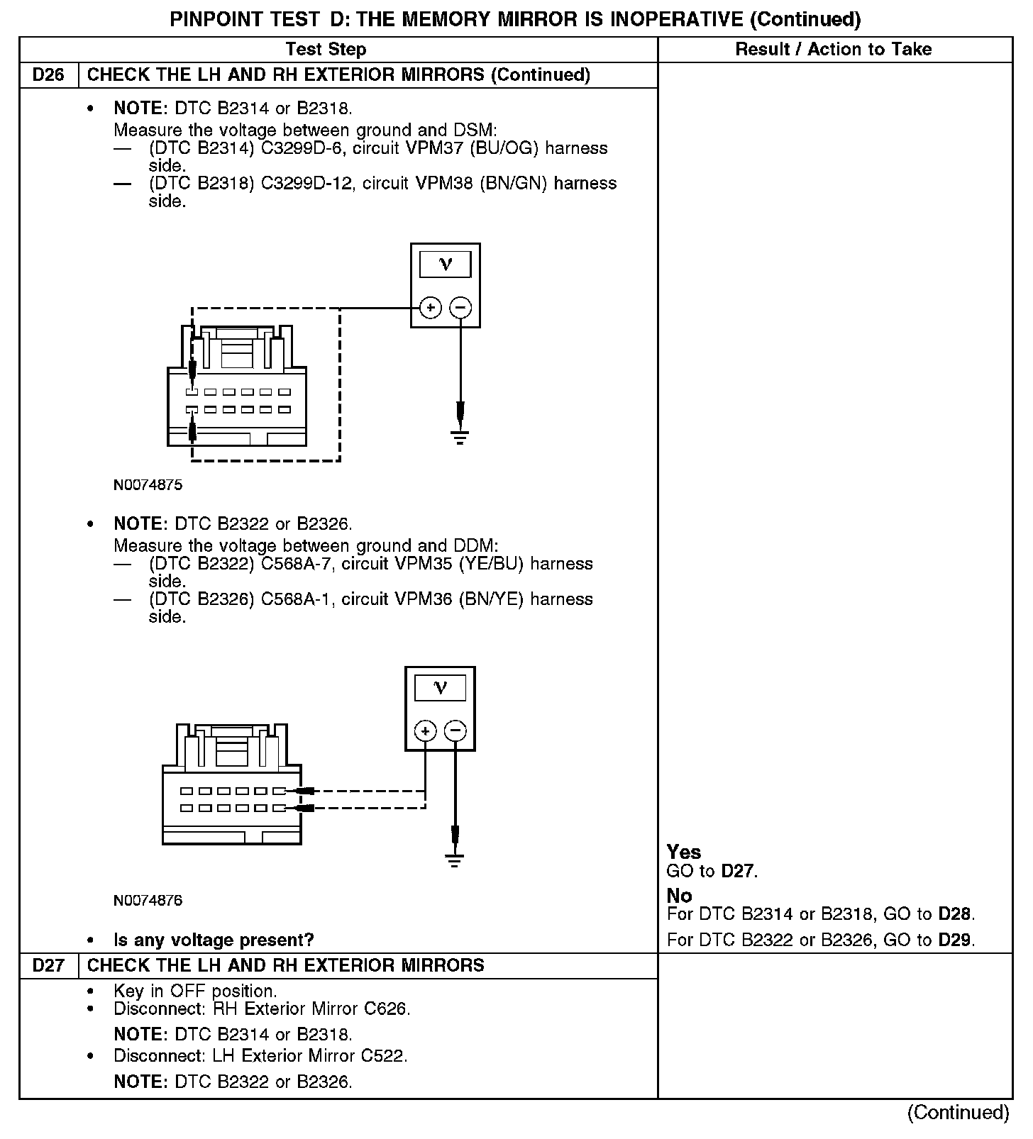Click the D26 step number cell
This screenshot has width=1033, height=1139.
(48, 75)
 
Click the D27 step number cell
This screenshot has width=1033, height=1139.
(48, 966)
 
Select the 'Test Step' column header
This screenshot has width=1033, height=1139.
(326, 50)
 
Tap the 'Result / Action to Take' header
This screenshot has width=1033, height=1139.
(833, 50)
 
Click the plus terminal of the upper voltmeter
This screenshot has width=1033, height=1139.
(431, 308)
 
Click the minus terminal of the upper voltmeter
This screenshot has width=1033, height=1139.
(460, 308)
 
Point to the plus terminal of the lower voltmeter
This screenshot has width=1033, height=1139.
(425, 730)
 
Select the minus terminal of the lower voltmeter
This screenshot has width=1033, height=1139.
(455, 730)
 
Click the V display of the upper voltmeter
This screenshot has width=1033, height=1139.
(445, 265)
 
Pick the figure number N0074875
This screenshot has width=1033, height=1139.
(148, 485)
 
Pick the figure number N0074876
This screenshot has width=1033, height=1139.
(148, 901)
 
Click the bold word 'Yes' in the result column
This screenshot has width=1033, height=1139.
(684, 852)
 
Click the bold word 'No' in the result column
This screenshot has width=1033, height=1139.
(679, 896)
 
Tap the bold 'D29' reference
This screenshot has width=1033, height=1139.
(956, 940)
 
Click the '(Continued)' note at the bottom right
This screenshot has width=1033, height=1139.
(958, 1112)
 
